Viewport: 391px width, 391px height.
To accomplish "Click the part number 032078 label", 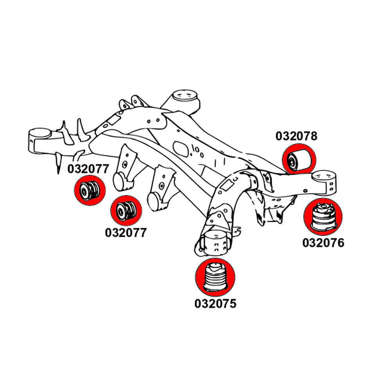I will point(296,136).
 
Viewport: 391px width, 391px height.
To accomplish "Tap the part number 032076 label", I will point(323,243).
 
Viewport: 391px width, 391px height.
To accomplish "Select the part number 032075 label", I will point(215,303).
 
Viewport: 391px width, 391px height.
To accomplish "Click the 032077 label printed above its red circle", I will point(88,169).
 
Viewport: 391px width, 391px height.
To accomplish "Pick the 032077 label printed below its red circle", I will point(126,233).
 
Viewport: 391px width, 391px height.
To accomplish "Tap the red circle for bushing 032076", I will point(323,217).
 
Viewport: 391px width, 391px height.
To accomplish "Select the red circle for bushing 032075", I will point(215,278).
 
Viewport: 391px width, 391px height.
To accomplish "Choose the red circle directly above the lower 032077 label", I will point(126,211).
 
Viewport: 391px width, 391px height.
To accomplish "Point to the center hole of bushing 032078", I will point(292,160).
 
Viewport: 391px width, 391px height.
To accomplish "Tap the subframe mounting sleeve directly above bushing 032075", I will point(215,242).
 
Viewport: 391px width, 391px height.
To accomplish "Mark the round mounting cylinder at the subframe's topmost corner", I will point(184,97).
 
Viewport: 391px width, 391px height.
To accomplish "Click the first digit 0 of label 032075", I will point(198,303).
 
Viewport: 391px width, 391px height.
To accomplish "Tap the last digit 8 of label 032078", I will point(313,136).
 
